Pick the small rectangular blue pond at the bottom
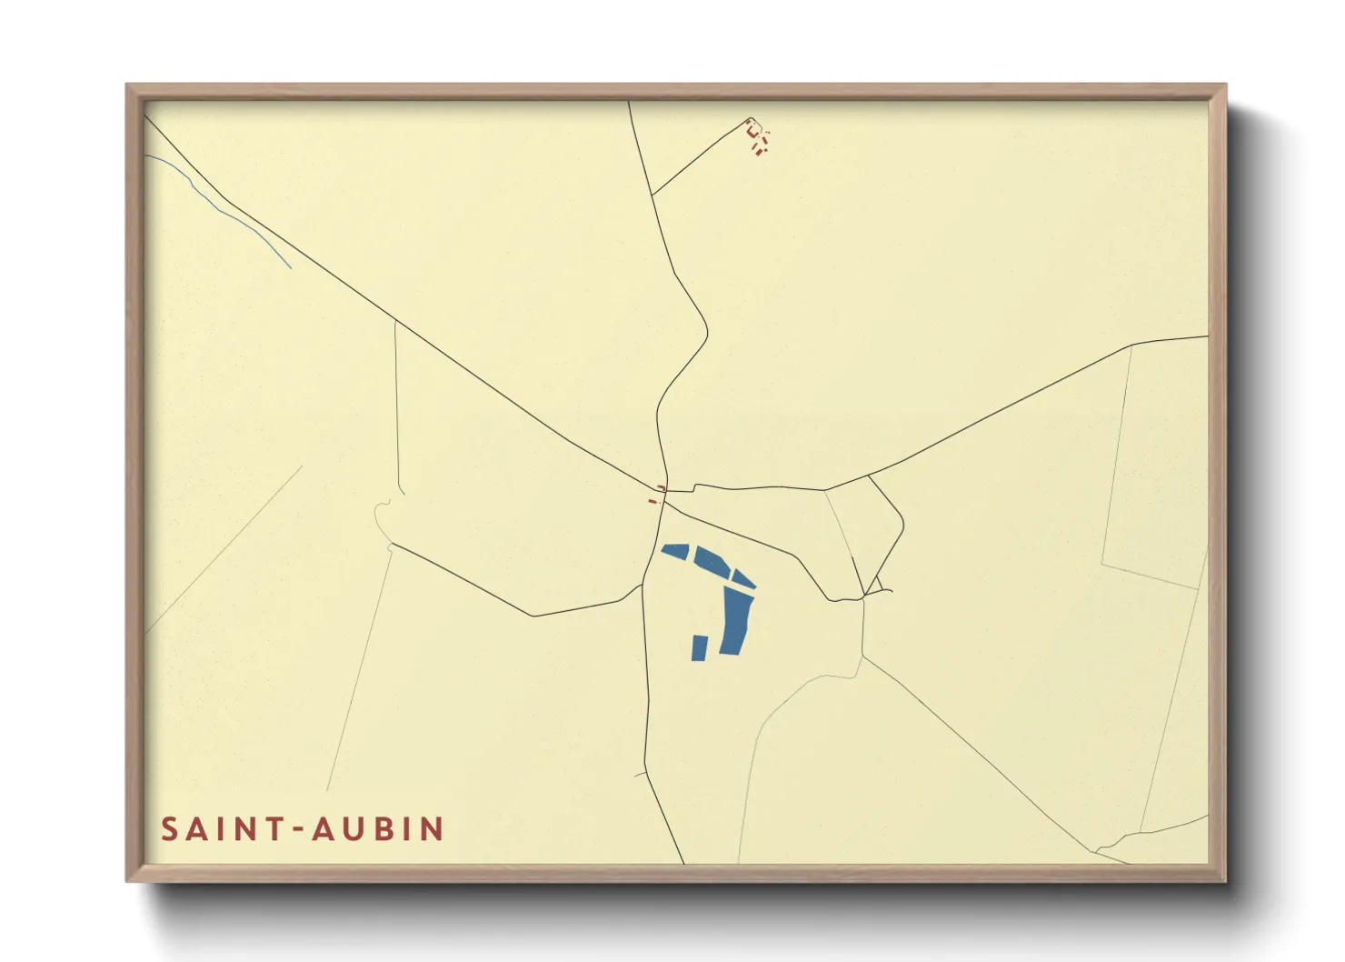coord(700,647)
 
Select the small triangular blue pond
coord(743,578)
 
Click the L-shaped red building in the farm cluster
coord(751,130)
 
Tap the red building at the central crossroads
coord(662,488)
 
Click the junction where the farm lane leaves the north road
coord(652,195)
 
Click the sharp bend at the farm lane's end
coord(748,119)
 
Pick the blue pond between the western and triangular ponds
coord(714,559)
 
